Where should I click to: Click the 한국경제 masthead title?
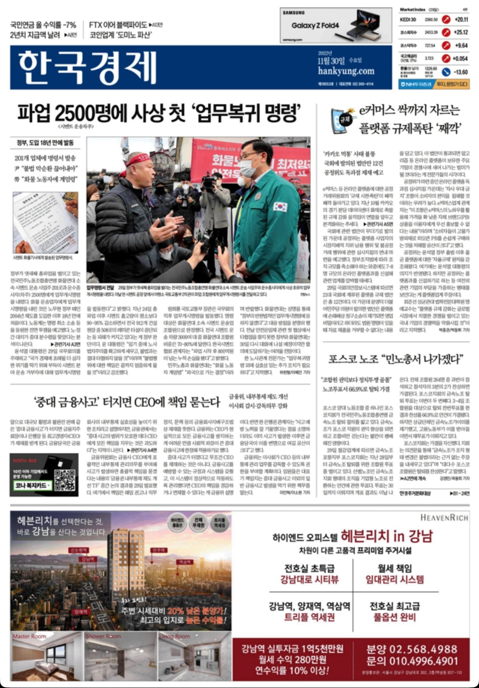[87, 67]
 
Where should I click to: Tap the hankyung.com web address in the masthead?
[346, 71]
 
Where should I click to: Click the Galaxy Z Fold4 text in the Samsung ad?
[315, 25]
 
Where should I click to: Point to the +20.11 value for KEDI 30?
[461, 20]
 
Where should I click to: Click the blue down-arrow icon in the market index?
[446, 72]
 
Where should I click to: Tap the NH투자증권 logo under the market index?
[415, 84]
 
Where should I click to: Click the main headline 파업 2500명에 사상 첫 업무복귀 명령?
[159, 113]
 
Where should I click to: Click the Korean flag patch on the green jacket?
[280, 207]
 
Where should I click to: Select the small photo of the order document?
[45, 223]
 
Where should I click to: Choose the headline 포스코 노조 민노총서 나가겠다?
[396, 359]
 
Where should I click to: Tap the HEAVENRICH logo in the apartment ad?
[444, 518]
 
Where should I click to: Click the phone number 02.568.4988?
[412, 649]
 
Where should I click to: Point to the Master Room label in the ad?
[29, 636]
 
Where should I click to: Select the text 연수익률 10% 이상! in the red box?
[292, 671]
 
